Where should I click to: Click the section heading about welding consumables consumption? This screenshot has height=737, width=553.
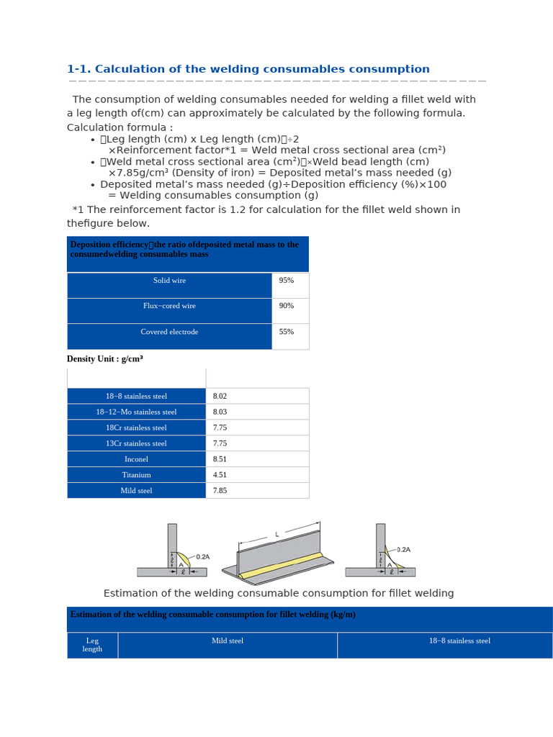tap(248, 69)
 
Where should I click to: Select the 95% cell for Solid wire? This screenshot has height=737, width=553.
tap(287, 281)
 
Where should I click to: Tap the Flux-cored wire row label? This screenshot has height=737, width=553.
tap(169, 306)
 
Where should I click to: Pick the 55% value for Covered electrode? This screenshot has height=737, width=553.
tap(287, 332)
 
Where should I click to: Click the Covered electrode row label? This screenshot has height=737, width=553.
tap(169, 332)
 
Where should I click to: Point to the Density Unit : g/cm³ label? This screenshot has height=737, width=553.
tap(104, 359)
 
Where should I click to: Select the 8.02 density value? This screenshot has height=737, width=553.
tap(220, 397)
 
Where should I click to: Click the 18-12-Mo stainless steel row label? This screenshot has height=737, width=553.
tap(136, 412)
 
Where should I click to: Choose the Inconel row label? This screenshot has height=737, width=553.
tap(136, 459)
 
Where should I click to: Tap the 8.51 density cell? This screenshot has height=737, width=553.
tap(220, 459)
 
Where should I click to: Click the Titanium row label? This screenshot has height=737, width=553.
tap(136, 475)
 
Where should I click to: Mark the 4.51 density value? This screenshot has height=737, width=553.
tap(220, 475)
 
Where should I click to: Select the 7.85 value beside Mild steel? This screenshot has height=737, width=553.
tap(220, 491)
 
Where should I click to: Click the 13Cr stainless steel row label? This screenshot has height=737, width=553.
tap(136, 443)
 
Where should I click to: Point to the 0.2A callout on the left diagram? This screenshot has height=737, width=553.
tap(202, 557)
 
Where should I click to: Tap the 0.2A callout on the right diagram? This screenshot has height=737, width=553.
tap(403, 550)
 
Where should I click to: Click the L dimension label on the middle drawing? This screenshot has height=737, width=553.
tap(276, 535)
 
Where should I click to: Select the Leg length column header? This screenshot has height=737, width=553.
tap(92, 645)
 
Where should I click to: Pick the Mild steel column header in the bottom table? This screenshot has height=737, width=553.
tap(228, 641)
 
